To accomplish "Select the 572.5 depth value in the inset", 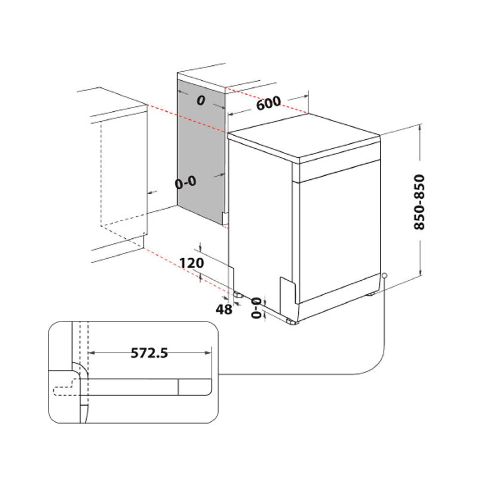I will tap(149, 353).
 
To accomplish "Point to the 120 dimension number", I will tap(191, 263).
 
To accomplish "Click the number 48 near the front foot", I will tap(223, 309).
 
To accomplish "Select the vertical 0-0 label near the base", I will tap(257, 307).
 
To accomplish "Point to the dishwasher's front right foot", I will tap(292, 322).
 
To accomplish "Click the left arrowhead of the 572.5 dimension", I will tap(91, 353).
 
